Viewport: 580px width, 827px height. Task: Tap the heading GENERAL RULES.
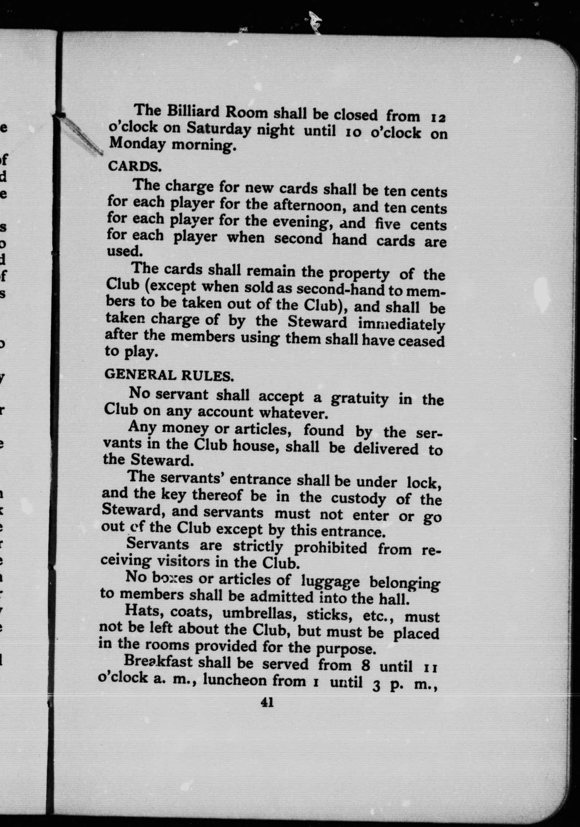click(x=169, y=375)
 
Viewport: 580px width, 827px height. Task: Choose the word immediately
click(x=401, y=324)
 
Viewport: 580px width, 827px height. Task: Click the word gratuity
click(x=359, y=398)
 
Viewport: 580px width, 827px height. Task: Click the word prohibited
click(x=330, y=548)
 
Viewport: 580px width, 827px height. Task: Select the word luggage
click(x=330, y=581)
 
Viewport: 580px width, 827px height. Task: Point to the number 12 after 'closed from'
click(x=438, y=118)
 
